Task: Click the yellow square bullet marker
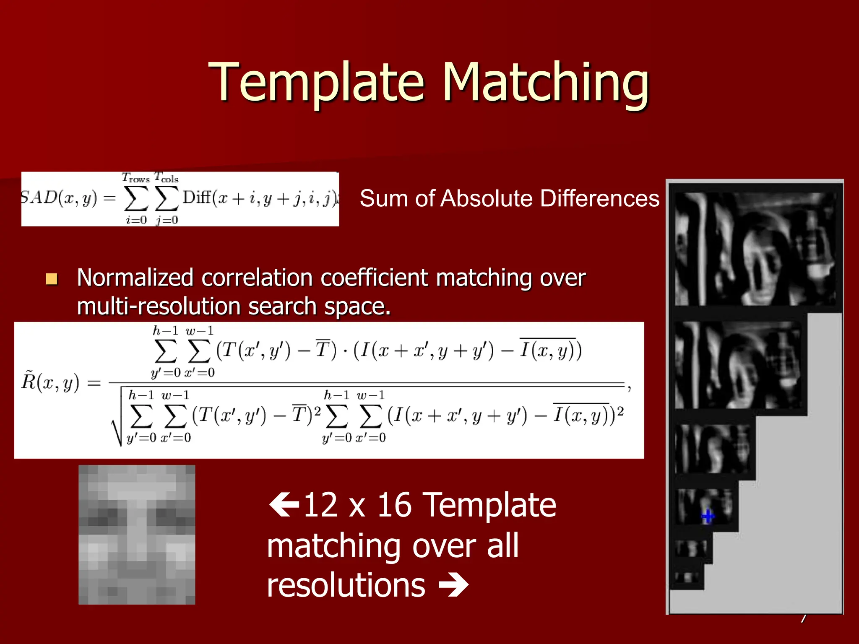52,279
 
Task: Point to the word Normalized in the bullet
135,278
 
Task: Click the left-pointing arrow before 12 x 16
284,505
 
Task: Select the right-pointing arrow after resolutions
453,585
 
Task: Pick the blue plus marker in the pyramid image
708,517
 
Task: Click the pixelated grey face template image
137,535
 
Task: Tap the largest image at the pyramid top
755,249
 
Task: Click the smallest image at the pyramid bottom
686,577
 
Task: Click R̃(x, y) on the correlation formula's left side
50,382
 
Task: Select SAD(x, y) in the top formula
59,198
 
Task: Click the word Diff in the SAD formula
197,197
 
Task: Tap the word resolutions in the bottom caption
346,585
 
